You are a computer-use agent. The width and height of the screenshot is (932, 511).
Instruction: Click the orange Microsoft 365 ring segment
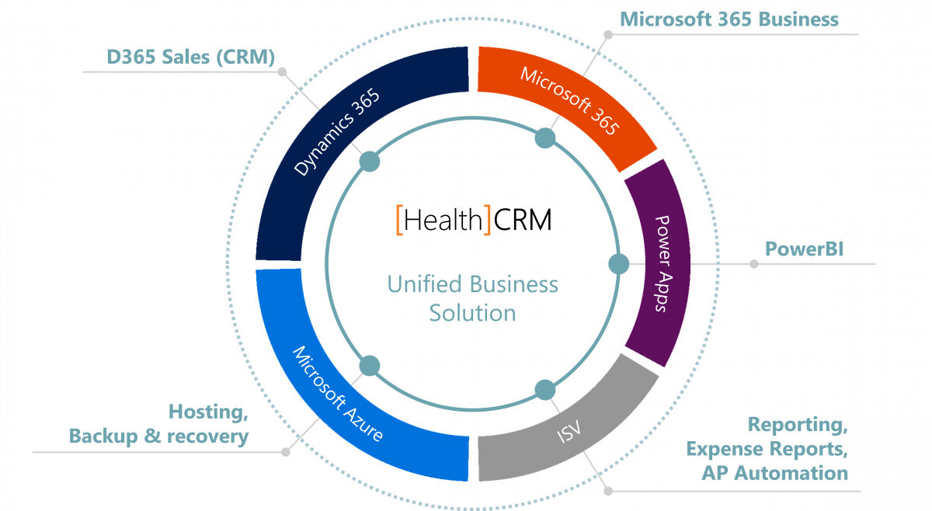[571, 101]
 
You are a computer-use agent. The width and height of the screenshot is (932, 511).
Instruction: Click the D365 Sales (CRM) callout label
[190, 57]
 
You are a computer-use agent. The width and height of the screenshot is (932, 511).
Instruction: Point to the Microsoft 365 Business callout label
[729, 19]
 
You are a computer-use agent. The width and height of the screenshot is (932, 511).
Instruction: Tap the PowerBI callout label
[804, 249]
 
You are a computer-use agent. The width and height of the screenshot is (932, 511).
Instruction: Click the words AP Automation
[776, 473]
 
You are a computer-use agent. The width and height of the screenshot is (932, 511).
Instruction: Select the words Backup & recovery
[159, 436]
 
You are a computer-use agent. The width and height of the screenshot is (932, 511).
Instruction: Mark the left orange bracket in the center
[399, 220]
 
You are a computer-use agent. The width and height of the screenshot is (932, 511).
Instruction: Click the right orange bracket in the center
[488, 220]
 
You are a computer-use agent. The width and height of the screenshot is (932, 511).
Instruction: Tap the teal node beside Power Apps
[618, 264]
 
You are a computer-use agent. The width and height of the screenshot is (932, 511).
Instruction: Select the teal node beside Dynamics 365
[370, 162]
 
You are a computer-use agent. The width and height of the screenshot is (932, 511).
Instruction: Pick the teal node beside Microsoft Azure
[370, 365]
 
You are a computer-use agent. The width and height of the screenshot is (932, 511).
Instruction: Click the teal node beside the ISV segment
[545, 389]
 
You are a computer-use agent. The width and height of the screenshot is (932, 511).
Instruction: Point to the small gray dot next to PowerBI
[753, 264]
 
